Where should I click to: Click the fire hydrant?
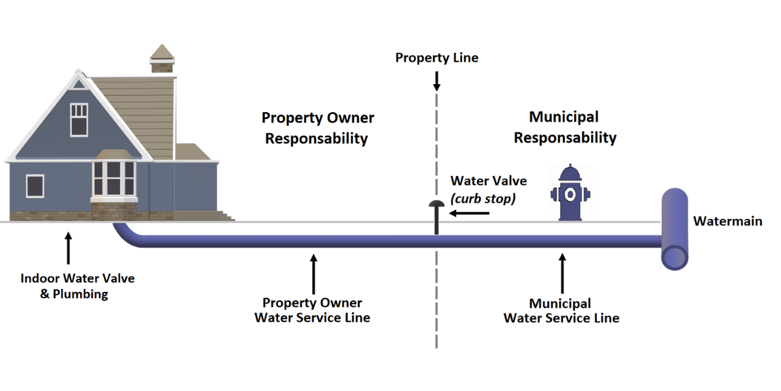point(570,193)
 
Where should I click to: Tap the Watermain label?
point(727,222)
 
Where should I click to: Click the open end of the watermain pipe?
point(675,257)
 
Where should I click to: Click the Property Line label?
point(437,58)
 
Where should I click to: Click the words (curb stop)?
point(483,199)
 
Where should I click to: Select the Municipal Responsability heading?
point(564,128)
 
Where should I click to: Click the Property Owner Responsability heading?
point(318,128)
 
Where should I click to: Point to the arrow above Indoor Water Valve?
point(68,248)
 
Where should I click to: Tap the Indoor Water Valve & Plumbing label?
point(77,286)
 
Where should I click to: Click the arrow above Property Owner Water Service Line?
point(314,274)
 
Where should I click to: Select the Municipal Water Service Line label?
point(561,311)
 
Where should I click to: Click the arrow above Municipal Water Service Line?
point(562,274)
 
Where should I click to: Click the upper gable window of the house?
point(79,119)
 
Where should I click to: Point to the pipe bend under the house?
point(126,235)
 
